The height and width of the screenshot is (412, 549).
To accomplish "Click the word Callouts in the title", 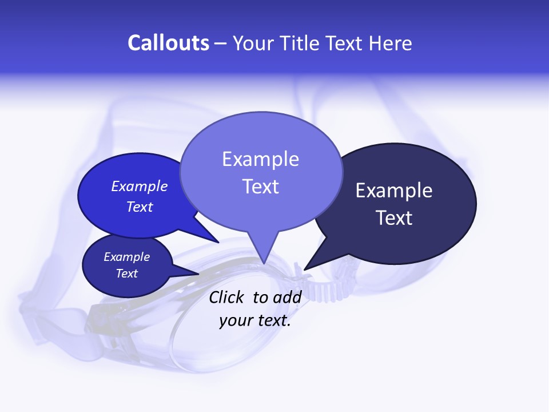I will click(x=168, y=43).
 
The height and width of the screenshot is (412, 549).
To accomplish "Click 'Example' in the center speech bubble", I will click(x=260, y=159).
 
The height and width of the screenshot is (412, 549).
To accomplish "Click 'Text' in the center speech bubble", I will click(x=260, y=187).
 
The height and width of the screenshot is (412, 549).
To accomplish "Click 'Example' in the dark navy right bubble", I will click(x=393, y=191).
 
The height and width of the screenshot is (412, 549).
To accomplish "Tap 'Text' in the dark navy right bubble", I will click(x=394, y=218).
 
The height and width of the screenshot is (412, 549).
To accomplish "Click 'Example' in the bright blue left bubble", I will click(x=139, y=186).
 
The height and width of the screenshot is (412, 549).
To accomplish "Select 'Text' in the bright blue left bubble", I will click(x=139, y=207).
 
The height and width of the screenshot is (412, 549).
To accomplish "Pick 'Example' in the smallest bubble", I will click(x=126, y=257).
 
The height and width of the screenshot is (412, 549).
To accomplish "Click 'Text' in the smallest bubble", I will click(x=126, y=274).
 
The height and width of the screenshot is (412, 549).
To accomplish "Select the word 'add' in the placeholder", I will click(x=287, y=297).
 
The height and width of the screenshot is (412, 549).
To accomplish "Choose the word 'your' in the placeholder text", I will click(x=234, y=320).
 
